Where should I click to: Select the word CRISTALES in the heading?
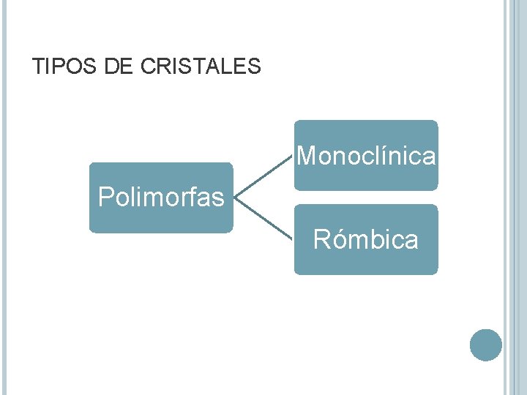pyautogui.click(x=201, y=67)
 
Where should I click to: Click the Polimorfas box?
pyautogui.click(x=161, y=197)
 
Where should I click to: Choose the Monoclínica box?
pyautogui.click(x=366, y=156)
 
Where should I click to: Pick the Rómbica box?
pyautogui.click(x=366, y=240)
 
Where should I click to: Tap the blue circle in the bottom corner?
pyautogui.click(x=486, y=345)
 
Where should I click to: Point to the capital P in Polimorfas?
pyautogui.click(x=106, y=197)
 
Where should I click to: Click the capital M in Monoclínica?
pyautogui.click(x=307, y=156)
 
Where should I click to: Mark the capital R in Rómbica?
pyautogui.click(x=321, y=240)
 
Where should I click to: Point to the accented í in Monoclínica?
pyautogui.click(x=401, y=155)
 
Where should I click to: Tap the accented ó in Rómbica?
pyautogui.click(x=339, y=239)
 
